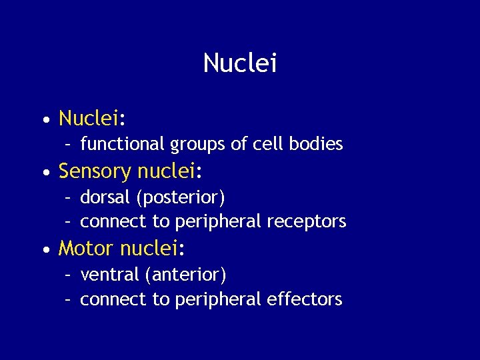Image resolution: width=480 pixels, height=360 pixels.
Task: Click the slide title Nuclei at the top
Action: (x=239, y=63)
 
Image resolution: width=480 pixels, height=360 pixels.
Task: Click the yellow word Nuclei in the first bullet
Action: (x=88, y=119)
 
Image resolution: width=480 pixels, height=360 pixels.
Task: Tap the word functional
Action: (x=123, y=144)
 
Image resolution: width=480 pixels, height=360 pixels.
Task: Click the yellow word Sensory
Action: (x=95, y=172)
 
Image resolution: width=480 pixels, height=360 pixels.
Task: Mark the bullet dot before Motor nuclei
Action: (x=45, y=250)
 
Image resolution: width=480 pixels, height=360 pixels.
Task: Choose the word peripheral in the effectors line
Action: (x=217, y=299)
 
